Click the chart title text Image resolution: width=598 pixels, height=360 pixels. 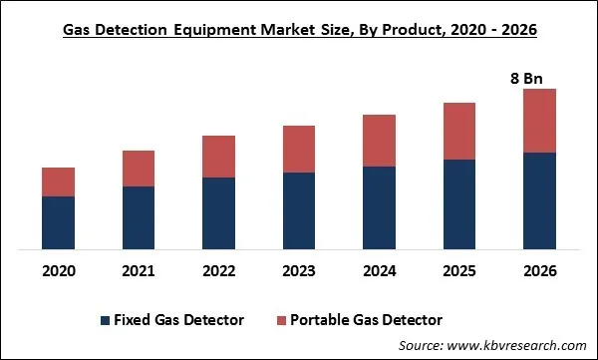[x=299, y=31]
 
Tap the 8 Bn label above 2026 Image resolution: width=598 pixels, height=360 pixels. [x=539, y=78]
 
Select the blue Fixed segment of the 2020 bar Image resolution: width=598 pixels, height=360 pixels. [x=58, y=222]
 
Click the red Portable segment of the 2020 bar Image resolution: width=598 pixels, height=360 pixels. [x=58, y=181]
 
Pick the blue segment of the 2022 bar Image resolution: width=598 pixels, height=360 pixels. [x=218, y=213]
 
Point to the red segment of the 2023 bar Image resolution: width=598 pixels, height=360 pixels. [x=299, y=149]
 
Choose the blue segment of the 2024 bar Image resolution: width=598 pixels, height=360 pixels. [x=379, y=207]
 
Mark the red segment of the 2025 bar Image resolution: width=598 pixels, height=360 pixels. [x=459, y=131]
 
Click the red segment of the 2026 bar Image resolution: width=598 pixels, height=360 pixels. [x=539, y=121]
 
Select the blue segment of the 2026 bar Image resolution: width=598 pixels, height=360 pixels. [x=539, y=200]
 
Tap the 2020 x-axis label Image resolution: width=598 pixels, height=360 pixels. [x=58, y=271]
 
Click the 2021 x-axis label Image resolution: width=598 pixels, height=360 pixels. [x=139, y=271]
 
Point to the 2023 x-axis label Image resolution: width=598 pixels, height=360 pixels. [x=299, y=271]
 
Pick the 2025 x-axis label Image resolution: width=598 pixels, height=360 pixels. [x=459, y=271]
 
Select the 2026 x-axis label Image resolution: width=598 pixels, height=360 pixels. [x=539, y=271]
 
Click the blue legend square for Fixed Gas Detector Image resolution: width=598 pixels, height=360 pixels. [x=105, y=320]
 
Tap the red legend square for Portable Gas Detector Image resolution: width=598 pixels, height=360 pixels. [x=280, y=320]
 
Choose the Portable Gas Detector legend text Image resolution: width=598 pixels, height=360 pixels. [x=366, y=320]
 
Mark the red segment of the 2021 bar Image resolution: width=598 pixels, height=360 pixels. [x=139, y=169]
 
